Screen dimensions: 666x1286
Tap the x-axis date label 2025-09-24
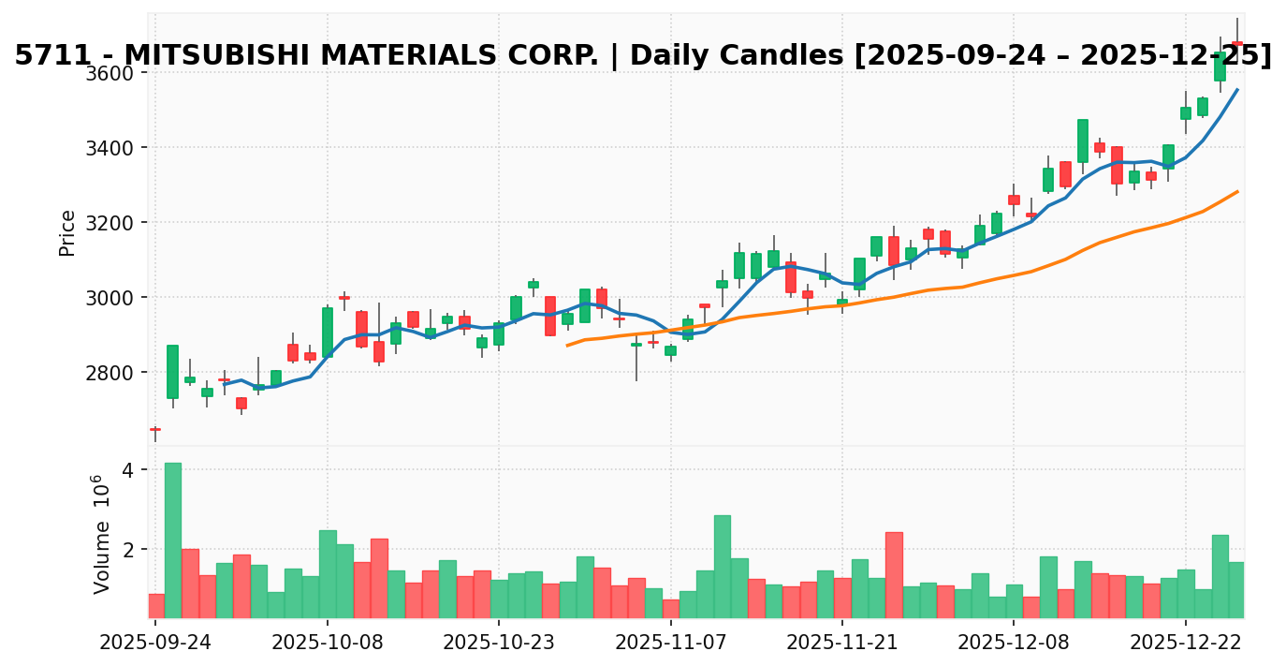pos(155,644)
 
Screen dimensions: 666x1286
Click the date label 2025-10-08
pos(328,644)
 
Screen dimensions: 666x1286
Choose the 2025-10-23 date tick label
pos(499,644)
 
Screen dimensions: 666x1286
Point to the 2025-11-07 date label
pos(671,644)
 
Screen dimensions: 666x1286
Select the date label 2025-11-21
pos(842,644)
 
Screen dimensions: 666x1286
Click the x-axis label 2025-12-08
pos(1015,644)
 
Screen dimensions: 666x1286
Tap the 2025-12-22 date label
pos(1186,644)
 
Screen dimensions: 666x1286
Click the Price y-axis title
pos(67,232)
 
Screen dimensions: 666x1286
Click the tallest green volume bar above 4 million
pos(173,540)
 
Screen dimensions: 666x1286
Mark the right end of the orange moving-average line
pos(1237,191)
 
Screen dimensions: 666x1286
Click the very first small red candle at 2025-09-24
pos(155,429)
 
